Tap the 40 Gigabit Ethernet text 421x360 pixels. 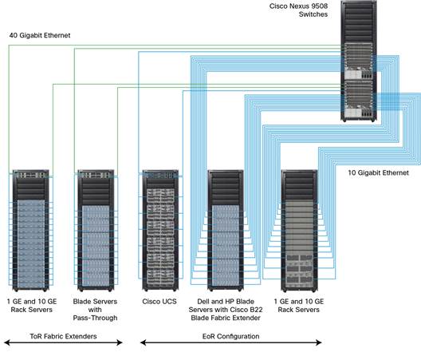[x=39, y=35]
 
